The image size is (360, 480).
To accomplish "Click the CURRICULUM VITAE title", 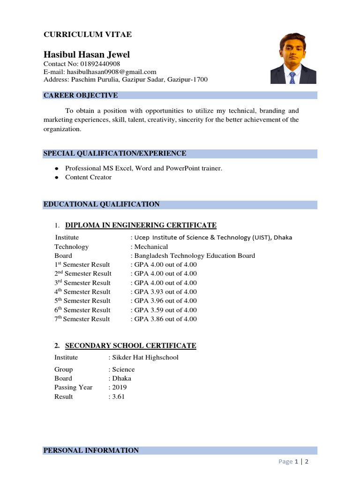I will pos(88,35).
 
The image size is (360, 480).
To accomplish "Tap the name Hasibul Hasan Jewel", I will pos(87,55).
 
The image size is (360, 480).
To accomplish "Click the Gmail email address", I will pos(111,72).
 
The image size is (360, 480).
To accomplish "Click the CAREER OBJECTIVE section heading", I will pos(81,96).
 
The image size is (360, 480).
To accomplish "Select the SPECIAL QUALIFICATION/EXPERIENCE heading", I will pos(115,153).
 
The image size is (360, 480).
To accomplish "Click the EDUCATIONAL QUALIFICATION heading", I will pos(101,204).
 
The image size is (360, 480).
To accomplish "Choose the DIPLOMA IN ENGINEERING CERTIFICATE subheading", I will pos(141,225).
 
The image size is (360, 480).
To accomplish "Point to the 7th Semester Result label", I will pos(82,319).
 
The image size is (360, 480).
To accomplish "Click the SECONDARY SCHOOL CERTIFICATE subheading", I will pos(130,346).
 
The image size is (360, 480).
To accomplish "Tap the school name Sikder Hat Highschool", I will pos(145,358).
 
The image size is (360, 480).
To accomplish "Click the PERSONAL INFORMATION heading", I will pos(91,450).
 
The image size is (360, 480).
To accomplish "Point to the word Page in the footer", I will pos(285,462).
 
